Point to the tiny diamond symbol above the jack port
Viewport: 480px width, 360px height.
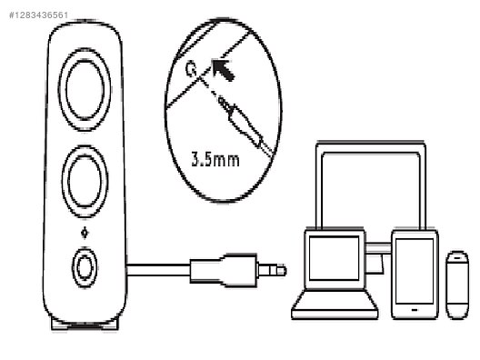pyautogui.click(x=85, y=231)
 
